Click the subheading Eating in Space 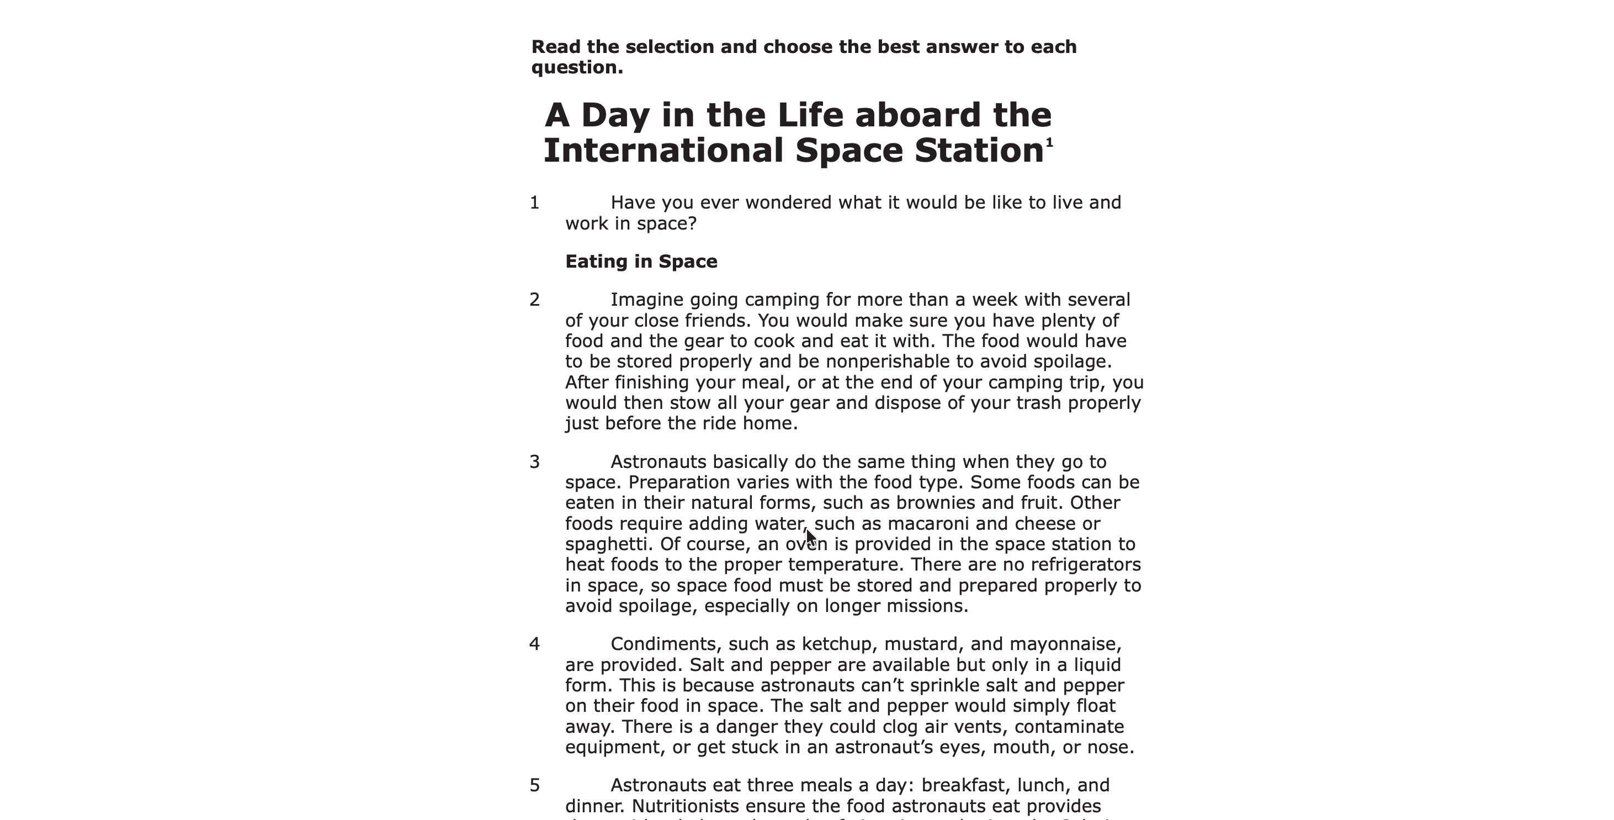[641, 261]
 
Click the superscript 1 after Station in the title [1049, 143]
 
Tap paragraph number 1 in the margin [534, 203]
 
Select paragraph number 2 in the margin [534, 300]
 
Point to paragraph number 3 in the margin [534, 462]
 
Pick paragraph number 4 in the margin [534, 645]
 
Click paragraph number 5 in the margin [534, 786]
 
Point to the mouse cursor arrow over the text [811, 537]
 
